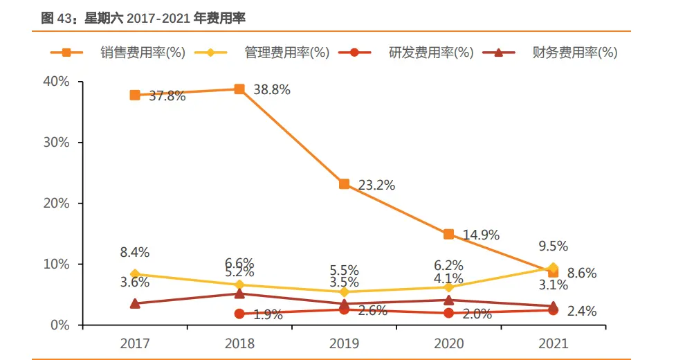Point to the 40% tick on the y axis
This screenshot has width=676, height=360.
click(57, 82)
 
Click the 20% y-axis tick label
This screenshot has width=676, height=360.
click(57, 204)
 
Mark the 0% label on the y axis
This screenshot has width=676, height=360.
click(60, 325)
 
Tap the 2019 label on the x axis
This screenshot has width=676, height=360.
click(344, 343)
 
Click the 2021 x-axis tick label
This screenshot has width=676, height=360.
click(553, 343)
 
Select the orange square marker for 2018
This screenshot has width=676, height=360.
click(239, 89)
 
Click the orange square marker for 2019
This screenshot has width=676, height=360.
click(344, 184)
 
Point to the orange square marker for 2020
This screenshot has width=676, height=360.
click(448, 235)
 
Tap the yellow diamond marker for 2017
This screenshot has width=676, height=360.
click(135, 274)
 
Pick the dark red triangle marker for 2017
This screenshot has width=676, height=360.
click(135, 303)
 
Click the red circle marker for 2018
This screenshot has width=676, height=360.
click(239, 314)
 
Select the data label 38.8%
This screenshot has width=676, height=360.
click(271, 90)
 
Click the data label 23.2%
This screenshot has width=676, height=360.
click(376, 185)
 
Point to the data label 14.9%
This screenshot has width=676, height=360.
click(481, 235)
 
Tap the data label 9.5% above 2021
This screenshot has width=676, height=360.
click(553, 246)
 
